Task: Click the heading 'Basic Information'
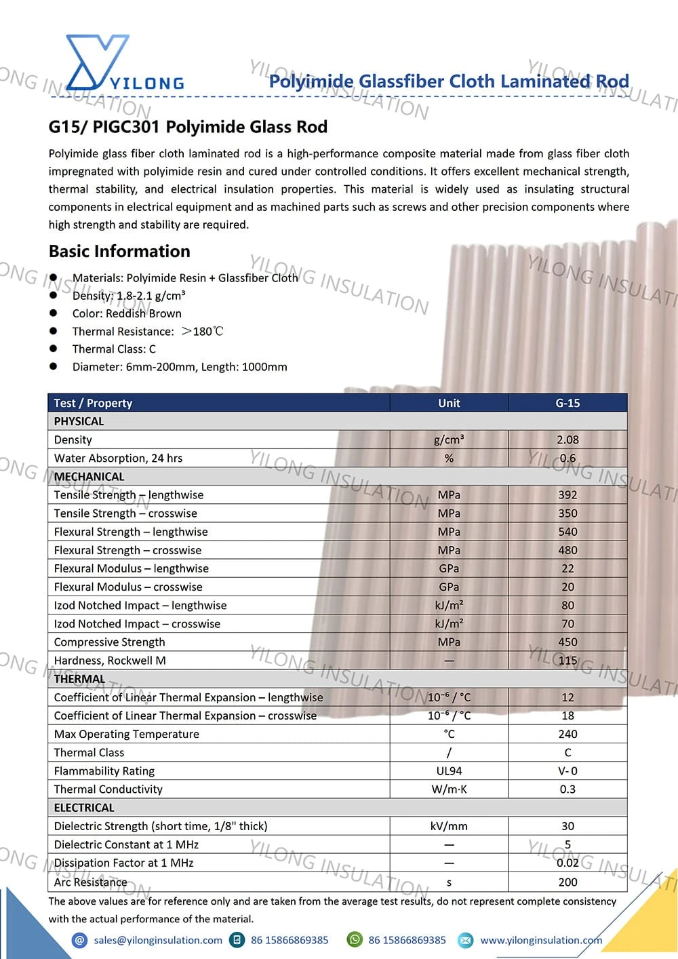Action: tap(119, 251)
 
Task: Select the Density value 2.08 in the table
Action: tap(567, 439)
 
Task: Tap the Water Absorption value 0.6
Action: tap(567, 458)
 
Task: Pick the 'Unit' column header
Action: tap(449, 403)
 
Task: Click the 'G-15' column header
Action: tap(567, 403)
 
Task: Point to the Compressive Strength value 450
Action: tap(567, 642)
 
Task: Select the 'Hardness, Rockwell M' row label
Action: tap(110, 660)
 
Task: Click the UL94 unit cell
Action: tap(449, 770)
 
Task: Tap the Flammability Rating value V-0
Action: tap(567, 770)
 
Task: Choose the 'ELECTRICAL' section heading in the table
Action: tap(84, 807)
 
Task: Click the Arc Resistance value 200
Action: tap(567, 882)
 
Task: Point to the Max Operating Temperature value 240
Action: tap(567, 734)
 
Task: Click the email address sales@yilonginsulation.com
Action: tap(158, 940)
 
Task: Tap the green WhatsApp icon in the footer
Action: tap(354, 939)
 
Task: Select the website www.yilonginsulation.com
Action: tap(541, 940)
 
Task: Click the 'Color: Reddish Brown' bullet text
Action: tap(127, 313)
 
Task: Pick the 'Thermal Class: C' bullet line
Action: tap(114, 349)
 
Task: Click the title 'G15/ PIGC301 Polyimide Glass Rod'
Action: tap(188, 127)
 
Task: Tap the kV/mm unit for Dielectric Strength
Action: tap(449, 826)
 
